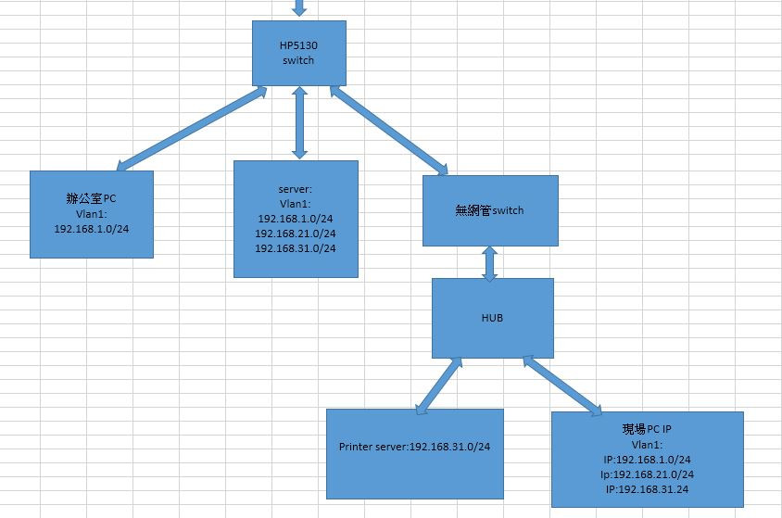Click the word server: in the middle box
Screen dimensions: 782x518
tap(296, 188)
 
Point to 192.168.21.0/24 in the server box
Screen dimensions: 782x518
tap(296, 233)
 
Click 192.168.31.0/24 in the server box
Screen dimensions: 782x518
tap(296, 247)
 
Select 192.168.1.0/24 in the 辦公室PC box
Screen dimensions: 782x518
tap(91, 227)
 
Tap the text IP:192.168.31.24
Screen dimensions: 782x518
tap(647, 488)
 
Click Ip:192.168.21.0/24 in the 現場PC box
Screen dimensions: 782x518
tap(647, 474)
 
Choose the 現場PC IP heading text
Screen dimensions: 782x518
tap(647, 430)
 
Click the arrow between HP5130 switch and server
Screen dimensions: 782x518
tap(298, 122)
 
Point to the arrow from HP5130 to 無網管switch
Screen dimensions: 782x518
tap(387, 131)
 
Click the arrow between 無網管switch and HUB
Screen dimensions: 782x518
tap(490, 262)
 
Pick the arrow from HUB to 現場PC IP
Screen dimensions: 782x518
tap(564, 385)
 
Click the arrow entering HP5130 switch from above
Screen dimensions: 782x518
tap(297, 8)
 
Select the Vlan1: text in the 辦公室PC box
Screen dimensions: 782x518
tap(91, 212)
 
